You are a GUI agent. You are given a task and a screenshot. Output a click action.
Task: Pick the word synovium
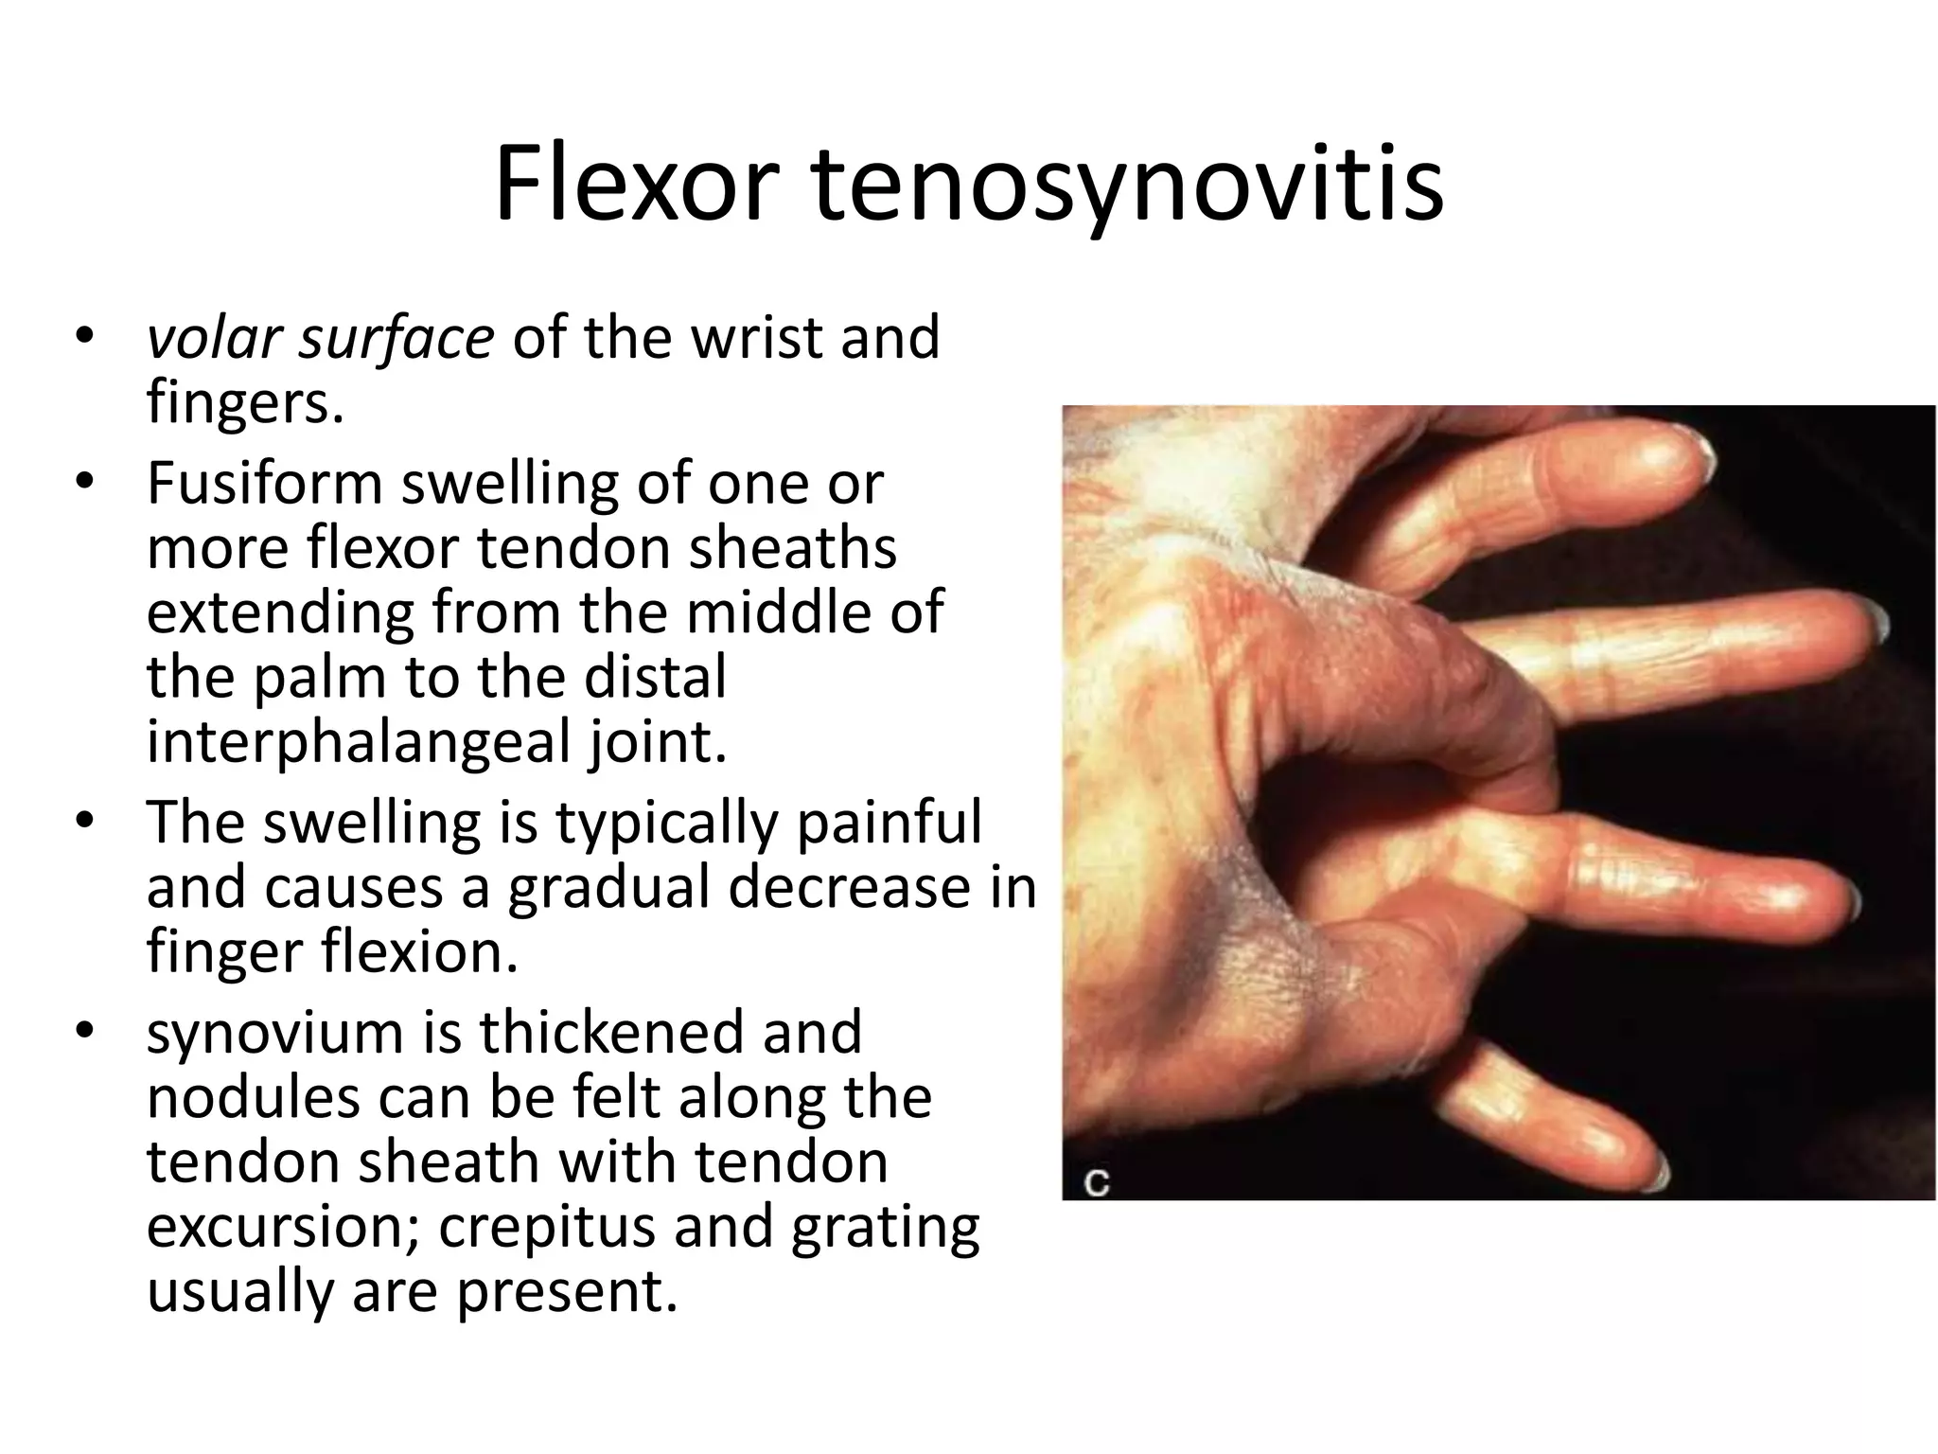[275, 1034]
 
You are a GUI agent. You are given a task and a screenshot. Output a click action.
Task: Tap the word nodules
[253, 1097]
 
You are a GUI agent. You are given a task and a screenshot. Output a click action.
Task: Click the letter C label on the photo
[1096, 1182]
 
